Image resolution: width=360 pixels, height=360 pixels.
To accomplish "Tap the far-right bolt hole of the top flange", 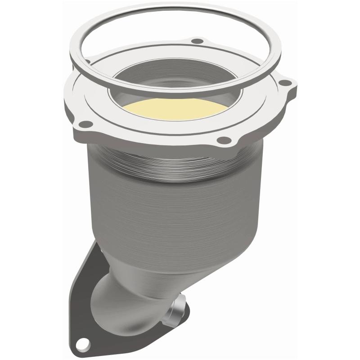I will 283,83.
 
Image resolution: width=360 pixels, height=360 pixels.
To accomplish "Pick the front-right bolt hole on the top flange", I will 220,141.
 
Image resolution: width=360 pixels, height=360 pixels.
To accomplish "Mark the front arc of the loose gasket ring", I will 180,92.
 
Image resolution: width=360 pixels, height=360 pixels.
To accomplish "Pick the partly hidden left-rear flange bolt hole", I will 88,61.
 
